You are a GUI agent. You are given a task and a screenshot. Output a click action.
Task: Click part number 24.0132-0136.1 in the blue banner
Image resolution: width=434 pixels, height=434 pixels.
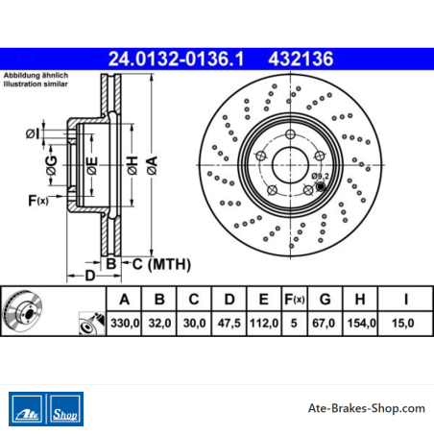[x=176, y=59]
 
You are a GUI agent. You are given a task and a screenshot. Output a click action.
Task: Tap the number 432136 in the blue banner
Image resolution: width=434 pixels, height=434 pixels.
[x=301, y=59]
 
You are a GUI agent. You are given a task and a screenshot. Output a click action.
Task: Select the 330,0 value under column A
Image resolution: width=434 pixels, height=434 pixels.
[x=125, y=323]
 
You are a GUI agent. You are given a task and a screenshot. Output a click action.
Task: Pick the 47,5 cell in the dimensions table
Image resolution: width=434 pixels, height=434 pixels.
[x=229, y=323]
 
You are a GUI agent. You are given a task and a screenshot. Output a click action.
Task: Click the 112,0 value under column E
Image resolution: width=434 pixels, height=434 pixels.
[x=264, y=323]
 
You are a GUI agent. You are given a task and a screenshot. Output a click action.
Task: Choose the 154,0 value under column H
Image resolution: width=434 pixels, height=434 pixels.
[x=362, y=323]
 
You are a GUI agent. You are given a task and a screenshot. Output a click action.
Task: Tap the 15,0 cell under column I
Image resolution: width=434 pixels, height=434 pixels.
[x=403, y=323]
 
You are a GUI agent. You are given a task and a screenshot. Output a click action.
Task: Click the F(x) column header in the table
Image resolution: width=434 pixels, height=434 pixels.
[x=295, y=300]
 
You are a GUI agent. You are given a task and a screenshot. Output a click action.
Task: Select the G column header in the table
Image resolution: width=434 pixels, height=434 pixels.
[x=325, y=300]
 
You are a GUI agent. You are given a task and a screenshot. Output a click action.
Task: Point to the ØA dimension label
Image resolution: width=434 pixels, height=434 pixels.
[x=153, y=165]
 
